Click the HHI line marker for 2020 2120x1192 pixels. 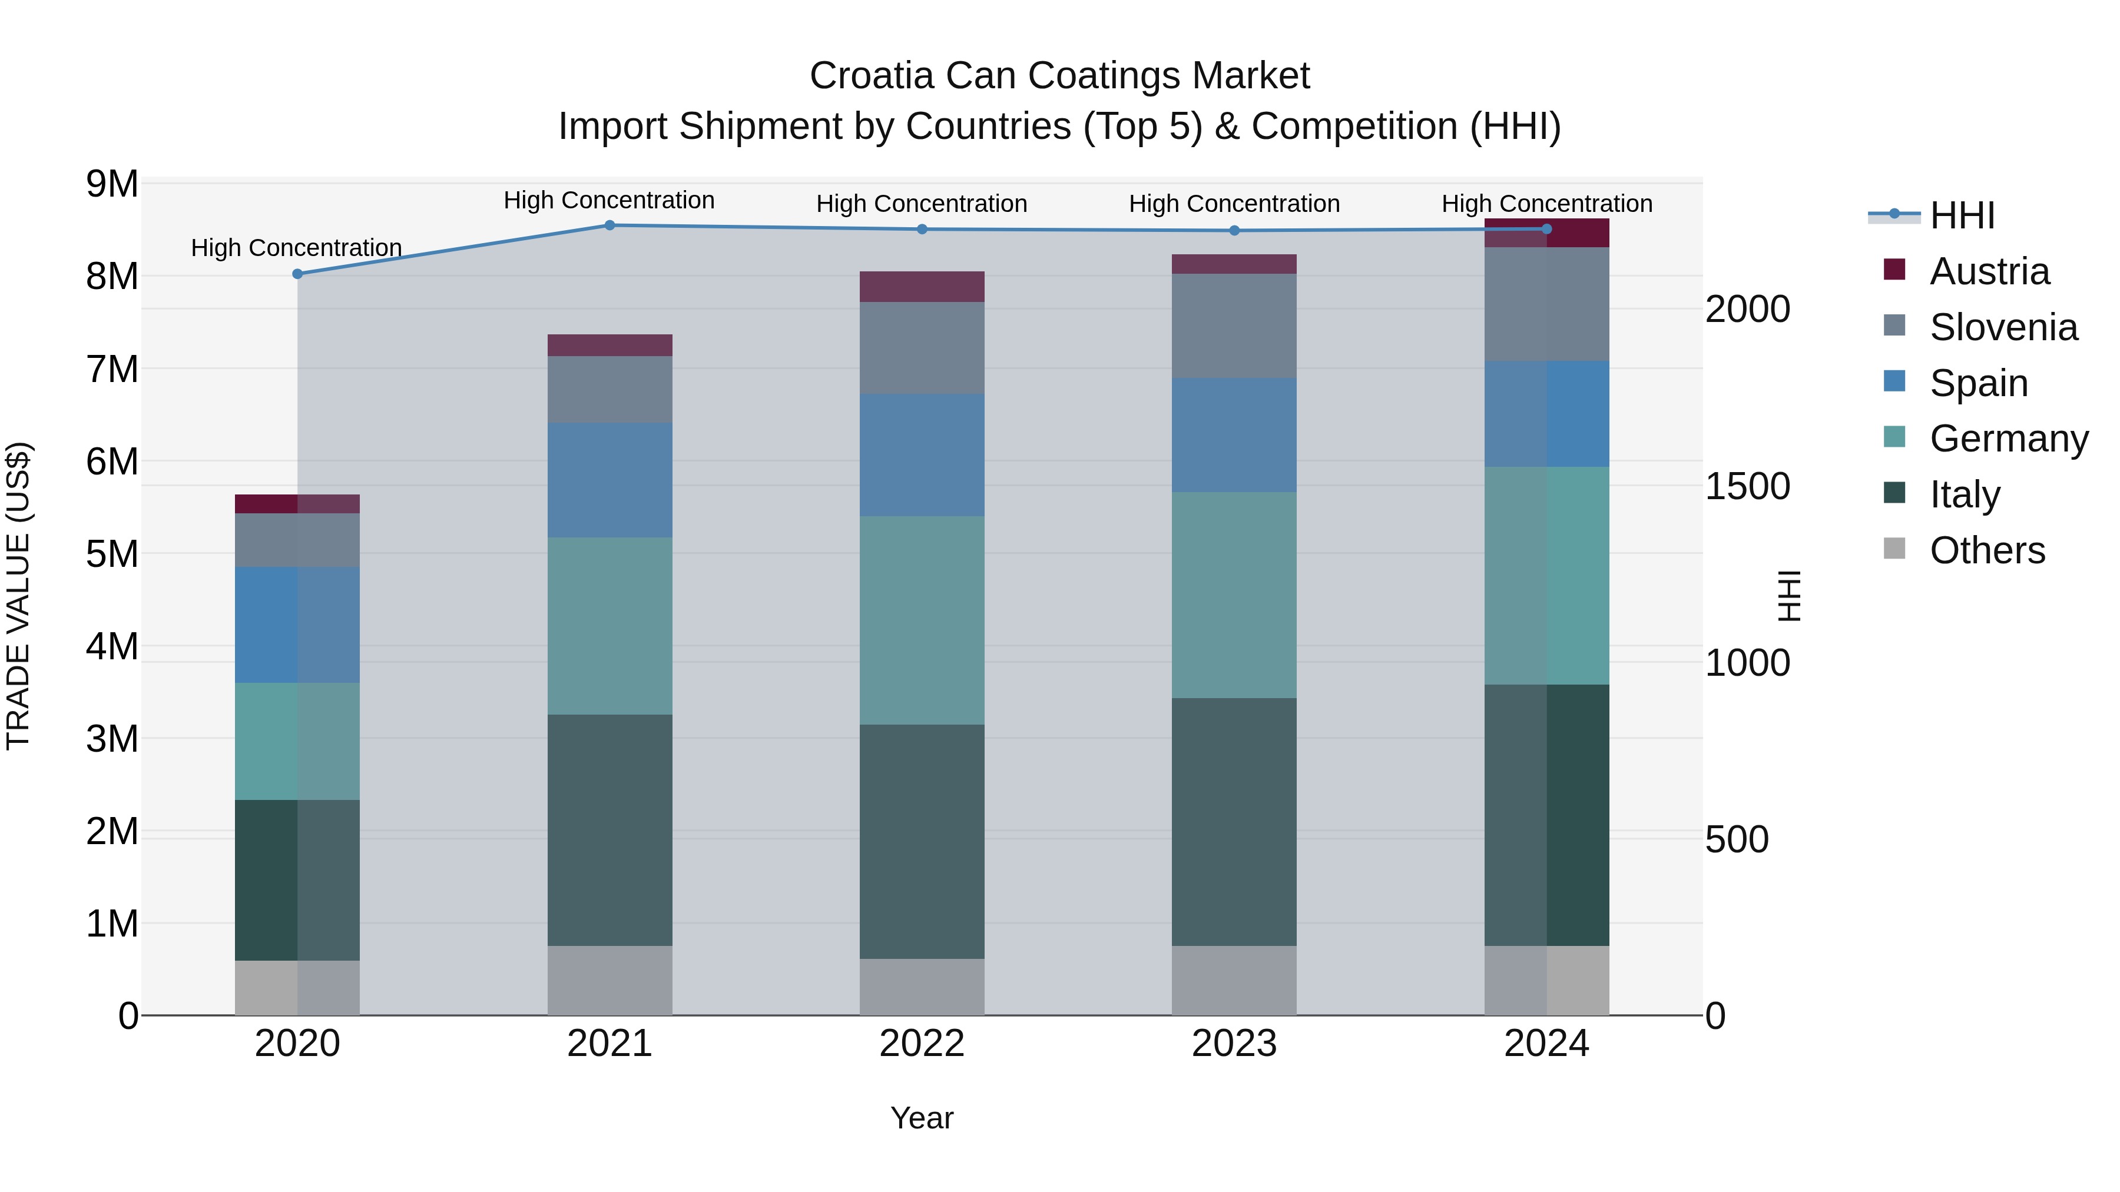click(x=298, y=274)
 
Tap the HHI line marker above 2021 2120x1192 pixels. click(x=610, y=225)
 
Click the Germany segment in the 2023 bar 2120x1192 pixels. click(x=1234, y=595)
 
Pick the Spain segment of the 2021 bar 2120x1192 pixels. click(x=610, y=480)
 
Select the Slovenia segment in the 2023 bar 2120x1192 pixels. click(x=1234, y=326)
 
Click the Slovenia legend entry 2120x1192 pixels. click(x=2002, y=327)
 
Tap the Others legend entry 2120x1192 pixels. click(x=1987, y=550)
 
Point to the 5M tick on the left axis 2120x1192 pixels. click(x=112, y=555)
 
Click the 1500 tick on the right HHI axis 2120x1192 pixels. click(x=1747, y=486)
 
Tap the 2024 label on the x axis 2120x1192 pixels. click(x=1546, y=1044)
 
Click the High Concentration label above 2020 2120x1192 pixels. click(x=296, y=248)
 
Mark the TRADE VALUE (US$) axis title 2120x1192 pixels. click(x=18, y=596)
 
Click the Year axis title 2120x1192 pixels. click(x=922, y=1118)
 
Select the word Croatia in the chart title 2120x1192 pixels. click(x=872, y=76)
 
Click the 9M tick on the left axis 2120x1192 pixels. click(x=112, y=184)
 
